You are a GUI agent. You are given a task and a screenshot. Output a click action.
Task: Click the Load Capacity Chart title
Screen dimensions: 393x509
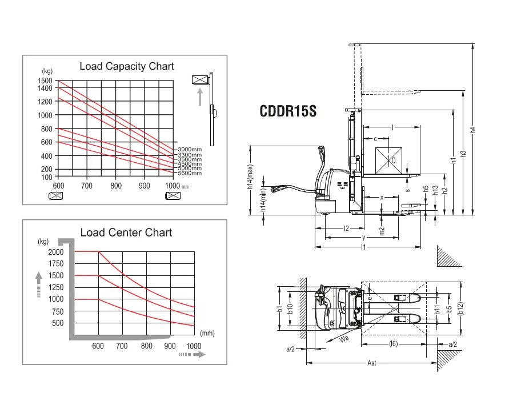[x=126, y=67]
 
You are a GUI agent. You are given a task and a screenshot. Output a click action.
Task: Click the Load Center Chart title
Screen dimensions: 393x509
[x=126, y=232]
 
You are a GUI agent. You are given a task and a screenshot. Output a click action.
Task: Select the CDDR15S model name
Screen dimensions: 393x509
[x=288, y=111]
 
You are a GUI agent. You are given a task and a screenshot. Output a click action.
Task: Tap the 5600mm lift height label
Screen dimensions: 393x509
[x=190, y=173]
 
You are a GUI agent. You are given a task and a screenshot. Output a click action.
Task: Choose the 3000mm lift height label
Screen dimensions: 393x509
[x=190, y=149]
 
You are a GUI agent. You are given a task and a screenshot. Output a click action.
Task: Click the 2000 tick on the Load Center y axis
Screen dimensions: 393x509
[x=56, y=252]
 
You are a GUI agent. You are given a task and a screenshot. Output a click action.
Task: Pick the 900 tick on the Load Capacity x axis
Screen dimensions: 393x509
[x=145, y=186]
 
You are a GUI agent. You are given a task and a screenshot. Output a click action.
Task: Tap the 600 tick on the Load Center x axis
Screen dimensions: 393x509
[x=98, y=346]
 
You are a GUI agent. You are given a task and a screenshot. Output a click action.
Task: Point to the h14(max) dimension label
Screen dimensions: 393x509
[x=250, y=179]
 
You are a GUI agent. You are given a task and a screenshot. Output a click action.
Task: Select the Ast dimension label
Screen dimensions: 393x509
[x=371, y=364]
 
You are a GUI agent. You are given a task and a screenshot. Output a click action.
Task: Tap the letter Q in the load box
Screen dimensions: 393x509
[x=393, y=161]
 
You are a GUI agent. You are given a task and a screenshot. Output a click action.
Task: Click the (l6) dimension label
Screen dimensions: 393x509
[x=393, y=344]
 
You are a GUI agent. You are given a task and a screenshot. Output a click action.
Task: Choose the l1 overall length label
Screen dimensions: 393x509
[x=364, y=247]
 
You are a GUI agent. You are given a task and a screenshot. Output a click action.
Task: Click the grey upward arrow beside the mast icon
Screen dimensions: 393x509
[x=200, y=97]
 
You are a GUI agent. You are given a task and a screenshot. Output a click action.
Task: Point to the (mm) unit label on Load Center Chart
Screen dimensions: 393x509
[x=207, y=332]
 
